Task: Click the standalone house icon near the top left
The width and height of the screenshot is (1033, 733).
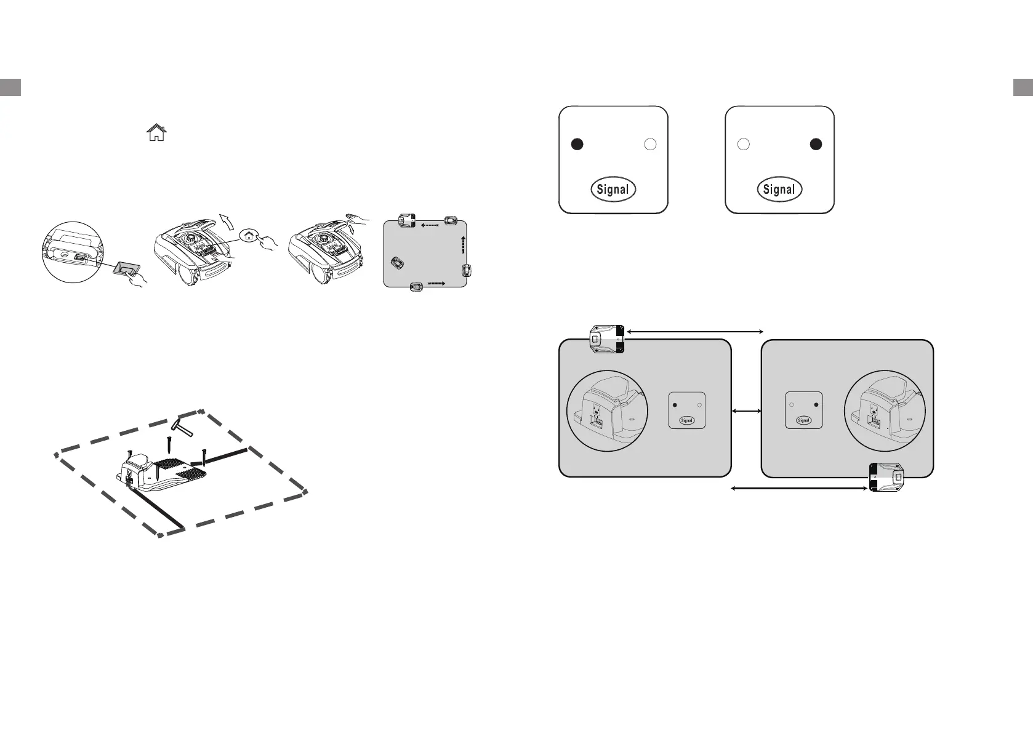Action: coord(157,132)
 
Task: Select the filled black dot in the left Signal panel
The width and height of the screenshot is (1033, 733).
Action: coord(577,144)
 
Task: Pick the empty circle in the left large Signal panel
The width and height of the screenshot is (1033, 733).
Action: coord(650,144)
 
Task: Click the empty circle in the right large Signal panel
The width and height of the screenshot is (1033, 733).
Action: coord(743,144)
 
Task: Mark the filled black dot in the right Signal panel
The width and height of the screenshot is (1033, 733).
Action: coord(816,144)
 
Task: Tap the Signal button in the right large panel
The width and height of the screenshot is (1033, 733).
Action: coord(779,190)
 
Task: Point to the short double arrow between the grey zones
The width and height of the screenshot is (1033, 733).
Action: coord(746,411)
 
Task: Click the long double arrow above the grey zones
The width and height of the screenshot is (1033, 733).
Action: coord(694,332)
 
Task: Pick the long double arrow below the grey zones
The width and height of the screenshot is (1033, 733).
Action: coord(798,489)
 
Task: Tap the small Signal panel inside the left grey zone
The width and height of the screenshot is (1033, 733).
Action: coord(686,411)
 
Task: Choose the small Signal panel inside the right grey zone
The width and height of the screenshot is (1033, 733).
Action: coord(804,411)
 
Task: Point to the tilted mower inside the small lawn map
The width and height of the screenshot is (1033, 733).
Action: coord(398,263)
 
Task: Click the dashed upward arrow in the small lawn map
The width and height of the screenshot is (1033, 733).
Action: coord(462,244)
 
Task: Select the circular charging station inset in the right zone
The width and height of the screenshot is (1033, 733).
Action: coord(885,411)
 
